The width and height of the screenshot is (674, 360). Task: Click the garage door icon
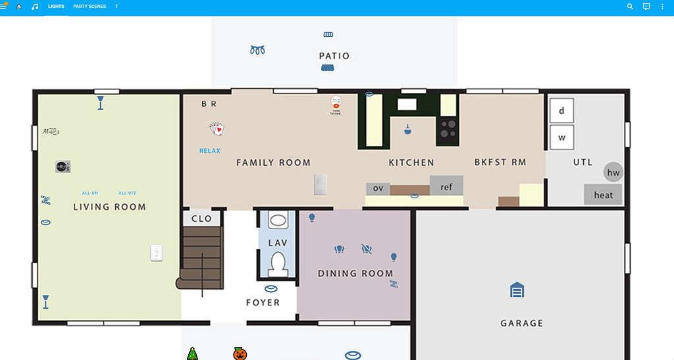[x=517, y=290]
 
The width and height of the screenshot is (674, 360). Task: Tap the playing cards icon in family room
[x=217, y=129]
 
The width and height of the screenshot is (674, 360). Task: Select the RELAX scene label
[x=210, y=151]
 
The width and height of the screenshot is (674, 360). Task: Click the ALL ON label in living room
[x=90, y=193]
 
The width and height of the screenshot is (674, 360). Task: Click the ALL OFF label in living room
[x=128, y=193]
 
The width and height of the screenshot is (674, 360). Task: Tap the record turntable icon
[x=63, y=167]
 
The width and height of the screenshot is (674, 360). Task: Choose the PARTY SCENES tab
[x=89, y=7]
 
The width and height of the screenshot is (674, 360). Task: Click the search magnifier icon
[x=630, y=7]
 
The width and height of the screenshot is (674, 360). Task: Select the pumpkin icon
[x=240, y=354]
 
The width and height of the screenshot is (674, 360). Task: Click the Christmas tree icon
[x=192, y=354]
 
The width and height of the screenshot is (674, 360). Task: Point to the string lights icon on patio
[x=257, y=50]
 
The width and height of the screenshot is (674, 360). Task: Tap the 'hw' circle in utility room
[x=613, y=173]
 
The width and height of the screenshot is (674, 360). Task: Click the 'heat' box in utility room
[x=603, y=195]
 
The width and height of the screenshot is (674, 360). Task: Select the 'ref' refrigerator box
[x=446, y=187]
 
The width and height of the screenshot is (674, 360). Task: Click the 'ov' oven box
[x=378, y=188]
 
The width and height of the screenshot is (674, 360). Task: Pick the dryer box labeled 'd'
[x=561, y=111]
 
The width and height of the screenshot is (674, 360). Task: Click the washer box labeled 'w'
[x=561, y=138]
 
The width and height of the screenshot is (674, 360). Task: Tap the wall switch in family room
[x=320, y=185]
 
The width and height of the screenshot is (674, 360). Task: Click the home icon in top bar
[x=19, y=7]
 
